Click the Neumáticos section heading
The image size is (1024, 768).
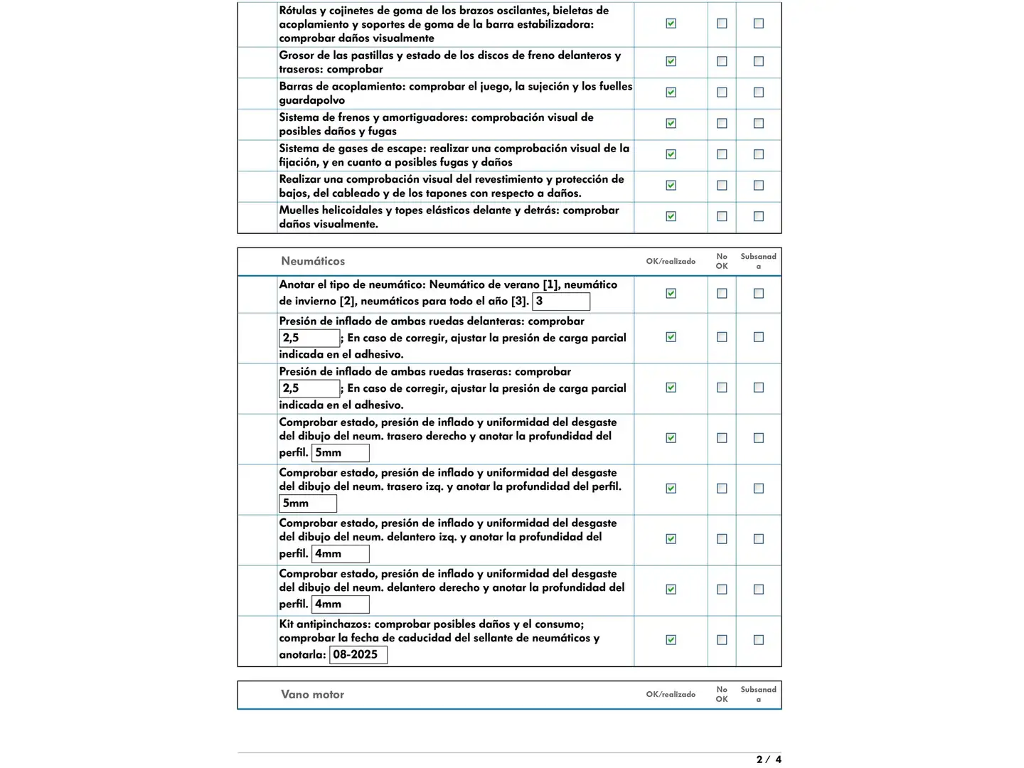click(x=313, y=261)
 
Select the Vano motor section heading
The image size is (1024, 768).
click(x=312, y=694)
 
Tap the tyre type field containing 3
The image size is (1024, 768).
click(x=561, y=302)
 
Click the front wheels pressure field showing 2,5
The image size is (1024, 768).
click(x=309, y=338)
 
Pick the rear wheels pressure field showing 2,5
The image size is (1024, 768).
click(x=309, y=388)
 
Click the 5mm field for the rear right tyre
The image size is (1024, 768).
click(x=340, y=453)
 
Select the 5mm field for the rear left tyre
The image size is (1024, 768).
click(x=307, y=503)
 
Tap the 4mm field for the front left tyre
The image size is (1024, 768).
click(x=340, y=554)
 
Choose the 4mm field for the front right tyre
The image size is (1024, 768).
click(x=340, y=604)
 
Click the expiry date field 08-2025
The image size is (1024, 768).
click(x=358, y=655)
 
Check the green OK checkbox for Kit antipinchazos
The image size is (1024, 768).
click(x=671, y=640)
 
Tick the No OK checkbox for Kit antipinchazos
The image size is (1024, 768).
click(x=722, y=640)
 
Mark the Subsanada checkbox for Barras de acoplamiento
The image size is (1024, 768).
click(x=759, y=92)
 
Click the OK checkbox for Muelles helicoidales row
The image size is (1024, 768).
click(x=671, y=216)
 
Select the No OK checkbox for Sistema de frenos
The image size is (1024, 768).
click(x=722, y=124)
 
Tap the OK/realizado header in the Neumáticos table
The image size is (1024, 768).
click(x=671, y=261)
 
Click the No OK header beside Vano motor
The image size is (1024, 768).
click(x=722, y=694)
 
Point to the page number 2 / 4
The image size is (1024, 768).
click(x=768, y=759)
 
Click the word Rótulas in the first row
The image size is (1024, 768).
click(x=297, y=11)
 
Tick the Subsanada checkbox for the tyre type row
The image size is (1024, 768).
click(x=759, y=294)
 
